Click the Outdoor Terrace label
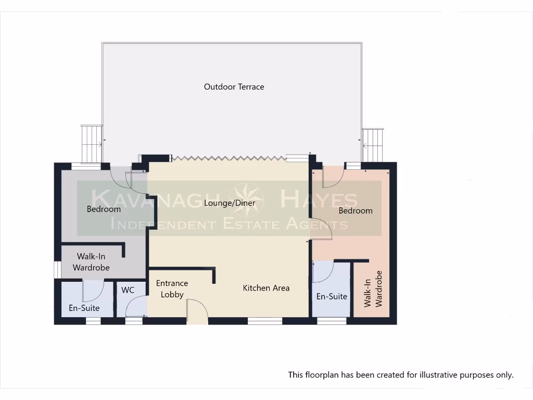tap(234, 87)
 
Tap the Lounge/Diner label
tap(230, 203)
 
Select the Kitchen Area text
tap(266, 287)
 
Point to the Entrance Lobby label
tap(172, 289)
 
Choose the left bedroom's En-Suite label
tap(84, 308)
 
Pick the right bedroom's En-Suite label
tap(332, 296)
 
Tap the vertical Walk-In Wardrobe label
tap(374, 289)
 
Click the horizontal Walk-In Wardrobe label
tap(91, 262)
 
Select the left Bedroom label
tap(104, 209)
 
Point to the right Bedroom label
tap(356, 210)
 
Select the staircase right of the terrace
tap(373, 145)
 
